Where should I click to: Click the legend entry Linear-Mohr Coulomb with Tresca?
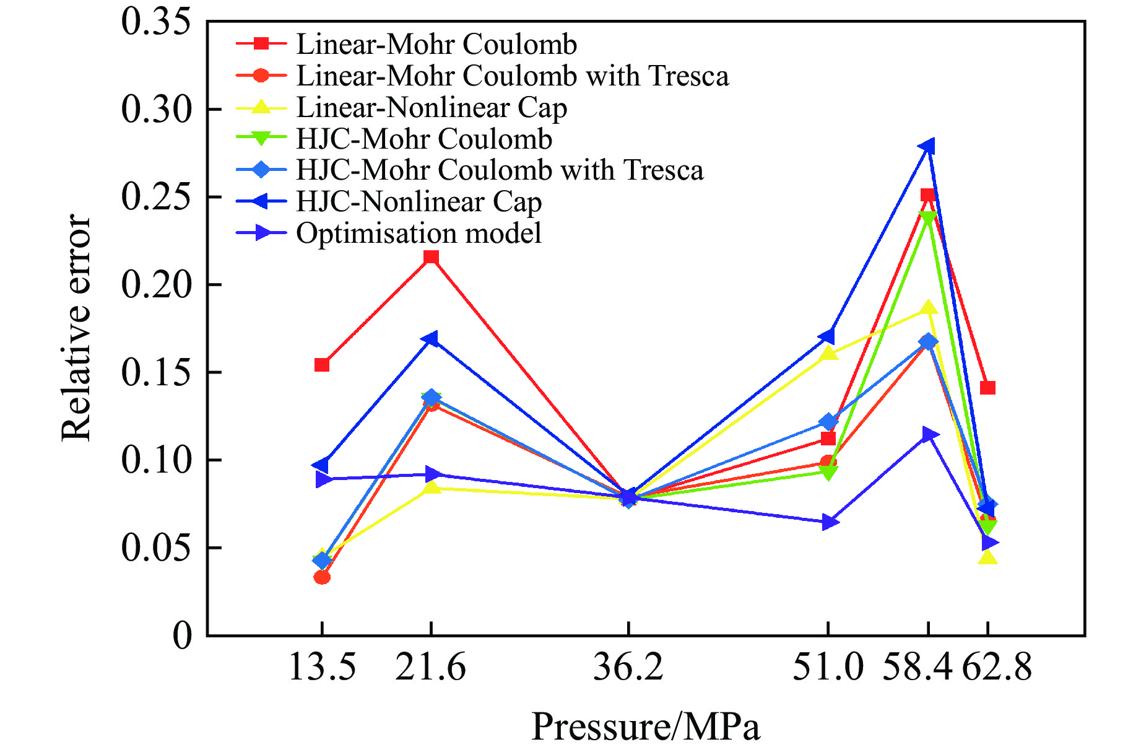tap(512, 76)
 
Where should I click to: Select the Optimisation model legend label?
tap(419, 234)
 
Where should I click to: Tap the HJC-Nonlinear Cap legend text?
tap(419, 202)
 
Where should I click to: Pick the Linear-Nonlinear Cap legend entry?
tap(432, 108)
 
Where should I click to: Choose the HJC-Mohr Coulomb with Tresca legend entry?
tap(500, 170)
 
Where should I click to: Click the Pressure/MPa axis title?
tap(645, 726)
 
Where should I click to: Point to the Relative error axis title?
tap(76, 328)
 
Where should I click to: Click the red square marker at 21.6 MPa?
tap(432, 257)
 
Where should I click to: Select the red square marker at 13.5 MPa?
tap(322, 365)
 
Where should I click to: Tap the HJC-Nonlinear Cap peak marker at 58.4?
tap(927, 147)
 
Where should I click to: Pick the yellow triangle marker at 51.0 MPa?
tap(828, 354)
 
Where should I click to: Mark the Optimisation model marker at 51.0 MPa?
tap(830, 522)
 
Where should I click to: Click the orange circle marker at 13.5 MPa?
tap(322, 577)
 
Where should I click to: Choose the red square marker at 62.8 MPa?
tap(987, 388)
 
